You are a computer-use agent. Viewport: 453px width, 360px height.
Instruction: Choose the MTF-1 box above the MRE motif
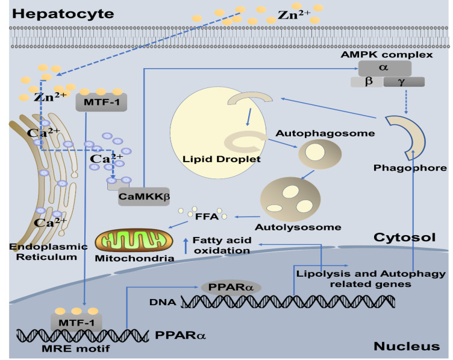(x=76, y=323)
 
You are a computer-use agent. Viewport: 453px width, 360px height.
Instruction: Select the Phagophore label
(x=410, y=168)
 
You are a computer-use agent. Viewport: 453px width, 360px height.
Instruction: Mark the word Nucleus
(x=407, y=346)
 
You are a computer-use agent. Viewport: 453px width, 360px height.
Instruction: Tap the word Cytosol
(x=404, y=237)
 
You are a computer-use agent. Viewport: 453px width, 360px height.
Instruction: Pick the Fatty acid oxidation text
(x=221, y=245)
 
